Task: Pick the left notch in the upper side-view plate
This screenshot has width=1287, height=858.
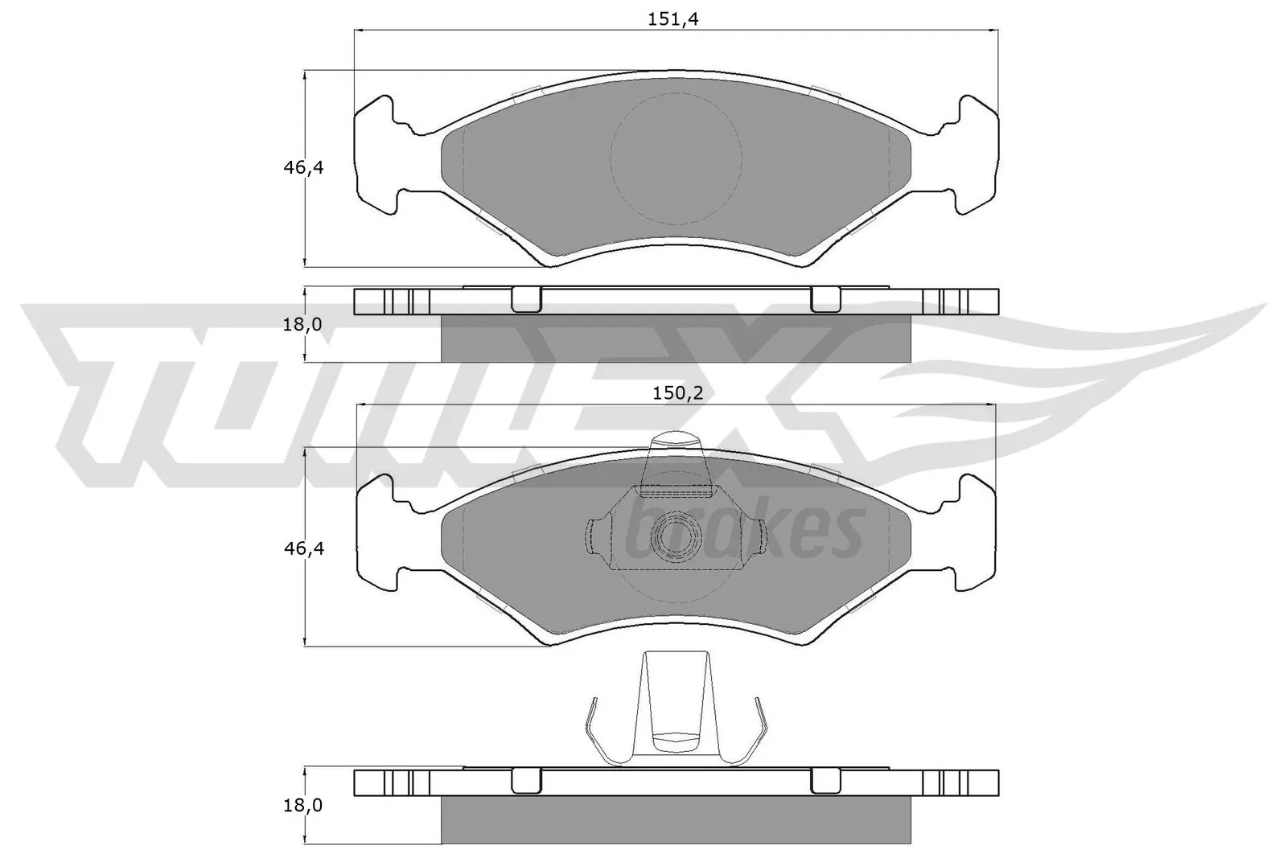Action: pos(526,299)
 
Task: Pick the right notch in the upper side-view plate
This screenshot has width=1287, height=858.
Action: pos(825,299)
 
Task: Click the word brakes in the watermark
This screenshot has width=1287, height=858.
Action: pos(740,532)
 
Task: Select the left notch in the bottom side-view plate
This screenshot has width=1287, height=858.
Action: pos(526,779)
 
